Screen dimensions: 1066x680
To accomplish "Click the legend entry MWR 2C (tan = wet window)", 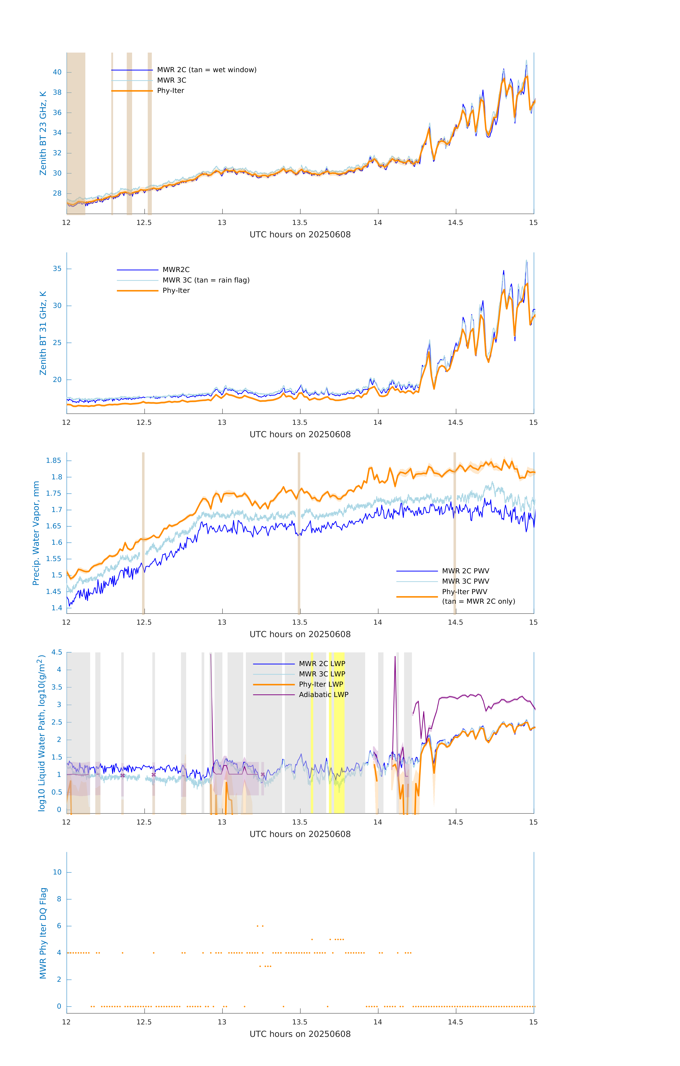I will click(206, 70).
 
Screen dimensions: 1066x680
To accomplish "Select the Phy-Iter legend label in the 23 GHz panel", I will click(170, 91).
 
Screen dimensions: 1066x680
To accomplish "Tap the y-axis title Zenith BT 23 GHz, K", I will click(43, 133).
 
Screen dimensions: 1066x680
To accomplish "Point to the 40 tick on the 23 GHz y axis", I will click(57, 72).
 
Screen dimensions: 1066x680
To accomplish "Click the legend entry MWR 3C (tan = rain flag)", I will click(206, 280).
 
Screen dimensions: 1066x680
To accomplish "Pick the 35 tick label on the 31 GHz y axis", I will click(57, 269).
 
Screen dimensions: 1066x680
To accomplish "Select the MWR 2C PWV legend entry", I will click(465, 571).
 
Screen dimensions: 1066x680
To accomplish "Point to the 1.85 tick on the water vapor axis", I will click(54, 460).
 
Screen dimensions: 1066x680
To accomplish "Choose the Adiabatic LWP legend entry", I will click(323, 694).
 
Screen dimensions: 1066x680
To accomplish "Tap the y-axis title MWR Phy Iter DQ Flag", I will click(43, 933).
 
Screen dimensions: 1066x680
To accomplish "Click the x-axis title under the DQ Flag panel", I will click(300, 1034).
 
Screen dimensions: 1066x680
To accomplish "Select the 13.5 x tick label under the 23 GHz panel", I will click(300, 223).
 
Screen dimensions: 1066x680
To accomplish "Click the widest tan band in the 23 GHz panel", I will click(76, 133).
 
